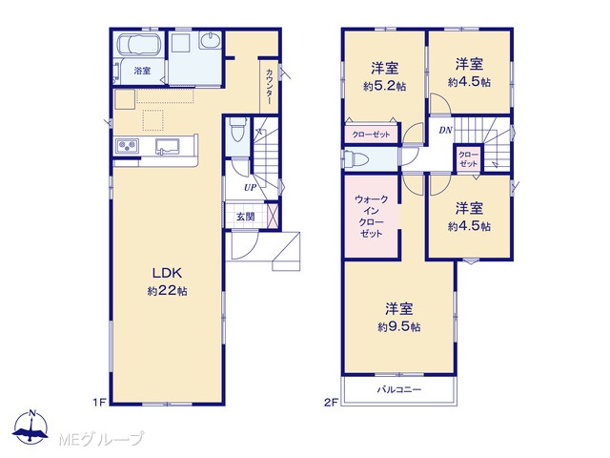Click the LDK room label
coord(167,273)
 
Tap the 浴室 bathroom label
coord(142,71)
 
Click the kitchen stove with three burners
coord(127,146)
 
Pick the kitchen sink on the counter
coord(168,147)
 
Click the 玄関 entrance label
coord(246,217)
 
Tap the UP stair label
coord(250,188)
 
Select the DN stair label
coord(446,130)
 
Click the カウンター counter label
coord(269,87)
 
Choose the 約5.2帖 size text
coord(385,86)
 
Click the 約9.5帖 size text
coord(398,326)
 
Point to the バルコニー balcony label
coord(399,389)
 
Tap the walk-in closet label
coord(371,217)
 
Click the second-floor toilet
coord(356,160)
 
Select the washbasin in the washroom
coord(210,40)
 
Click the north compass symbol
coord(30,427)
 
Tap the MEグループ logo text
coord(101,439)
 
